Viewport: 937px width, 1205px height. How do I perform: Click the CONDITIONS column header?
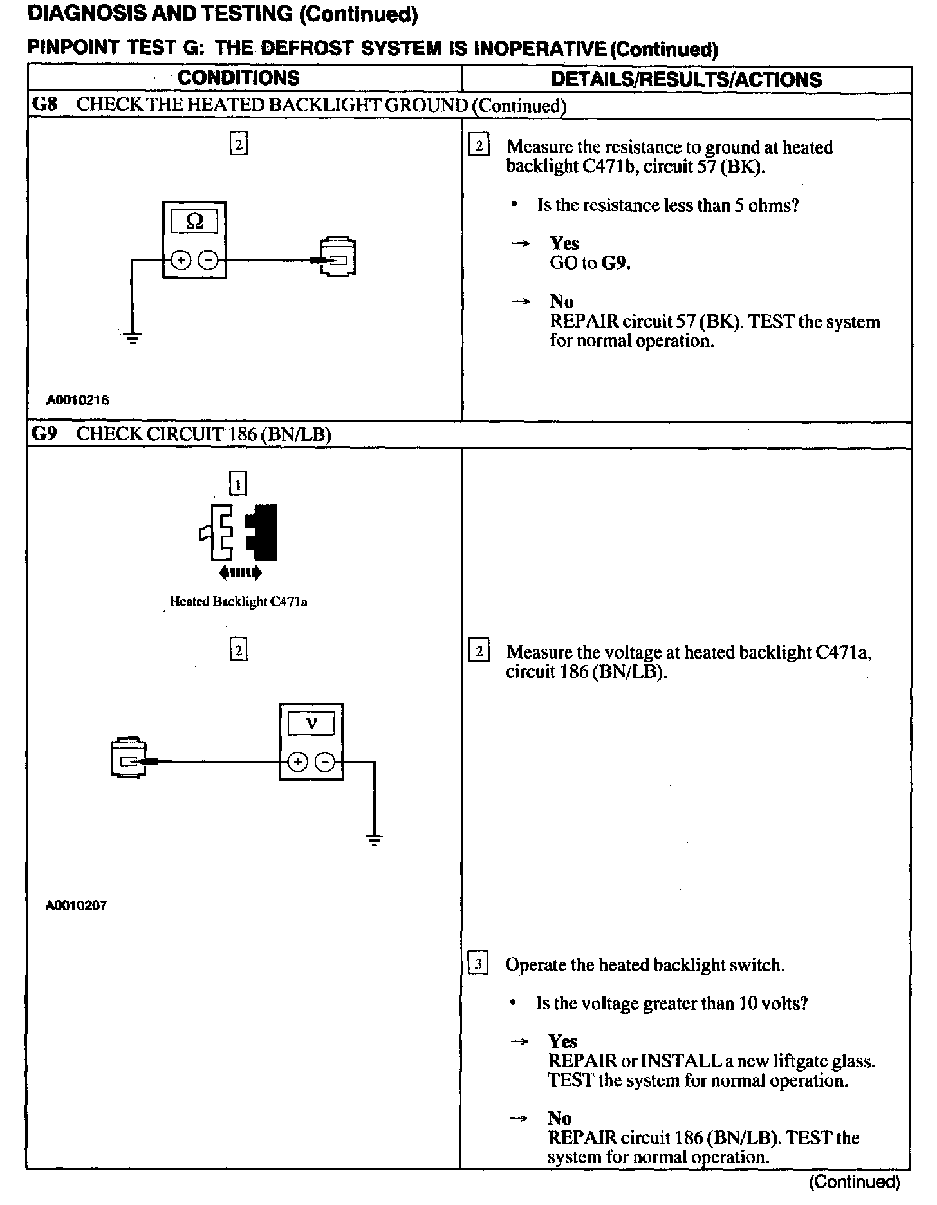pyautogui.click(x=238, y=79)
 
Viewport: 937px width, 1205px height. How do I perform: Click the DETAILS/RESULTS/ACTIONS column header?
pyautogui.click(x=686, y=80)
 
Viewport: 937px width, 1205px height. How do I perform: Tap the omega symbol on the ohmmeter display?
pyautogui.click(x=194, y=221)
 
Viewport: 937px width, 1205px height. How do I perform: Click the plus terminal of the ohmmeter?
pyautogui.click(x=181, y=260)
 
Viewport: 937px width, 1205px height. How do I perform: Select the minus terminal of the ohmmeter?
pyautogui.click(x=208, y=260)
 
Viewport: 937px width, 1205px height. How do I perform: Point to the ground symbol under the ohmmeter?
pyautogui.click(x=133, y=337)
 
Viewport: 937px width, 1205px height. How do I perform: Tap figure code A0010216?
pyautogui.click(x=77, y=400)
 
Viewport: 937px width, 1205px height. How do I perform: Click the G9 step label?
pyautogui.click(x=44, y=434)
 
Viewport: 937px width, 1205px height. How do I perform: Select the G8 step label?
pyautogui.click(x=44, y=105)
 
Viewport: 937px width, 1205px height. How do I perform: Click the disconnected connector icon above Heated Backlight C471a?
pyautogui.click(x=239, y=532)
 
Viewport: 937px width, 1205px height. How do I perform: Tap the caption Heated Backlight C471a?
pyautogui.click(x=238, y=602)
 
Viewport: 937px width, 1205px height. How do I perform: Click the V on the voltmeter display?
pyautogui.click(x=311, y=724)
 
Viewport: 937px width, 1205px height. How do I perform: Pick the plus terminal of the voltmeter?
pyautogui.click(x=297, y=762)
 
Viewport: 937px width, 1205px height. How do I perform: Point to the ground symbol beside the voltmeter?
pyautogui.click(x=373, y=839)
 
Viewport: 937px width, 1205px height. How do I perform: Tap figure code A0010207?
pyautogui.click(x=76, y=906)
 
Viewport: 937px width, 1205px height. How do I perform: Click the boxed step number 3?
pyautogui.click(x=478, y=964)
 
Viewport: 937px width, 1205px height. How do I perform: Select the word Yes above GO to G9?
pyautogui.click(x=564, y=243)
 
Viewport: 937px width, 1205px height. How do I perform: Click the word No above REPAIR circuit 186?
pyautogui.click(x=560, y=1118)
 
